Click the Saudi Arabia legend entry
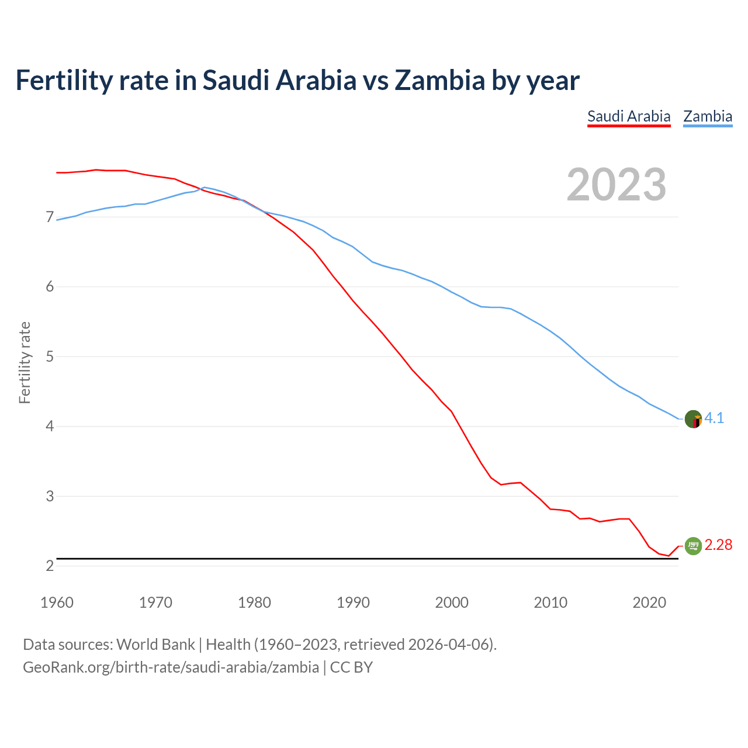(629, 116)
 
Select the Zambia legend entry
(708, 116)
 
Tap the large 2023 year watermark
(617, 185)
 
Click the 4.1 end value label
(714, 418)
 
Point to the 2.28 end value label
(718, 545)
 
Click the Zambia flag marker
(693, 419)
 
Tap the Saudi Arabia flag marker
(693, 546)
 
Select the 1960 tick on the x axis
(57, 602)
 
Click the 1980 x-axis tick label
(254, 602)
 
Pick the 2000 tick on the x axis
(452, 602)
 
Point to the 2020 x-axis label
(649, 602)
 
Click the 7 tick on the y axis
(50, 217)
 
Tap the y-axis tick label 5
(50, 356)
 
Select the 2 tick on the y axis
(50, 566)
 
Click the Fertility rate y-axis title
(25, 362)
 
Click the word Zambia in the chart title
(439, 80)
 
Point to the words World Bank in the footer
(155, 645)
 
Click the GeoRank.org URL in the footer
(171, 667)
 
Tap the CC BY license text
(351, 667)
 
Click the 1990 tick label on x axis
(353, 602)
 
